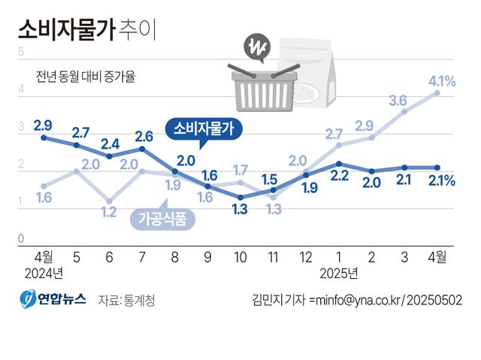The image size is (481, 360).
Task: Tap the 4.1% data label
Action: click(441, 80)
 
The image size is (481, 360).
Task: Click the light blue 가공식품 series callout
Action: click(162, 219)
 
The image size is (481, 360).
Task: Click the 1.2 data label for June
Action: click(110, 213)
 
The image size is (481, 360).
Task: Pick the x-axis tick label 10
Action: click(240, 257)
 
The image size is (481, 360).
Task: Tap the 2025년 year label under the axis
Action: click(338, 271)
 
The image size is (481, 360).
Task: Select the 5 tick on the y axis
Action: click(21, 52)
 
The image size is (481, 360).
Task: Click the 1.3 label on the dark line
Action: click(240, 210)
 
